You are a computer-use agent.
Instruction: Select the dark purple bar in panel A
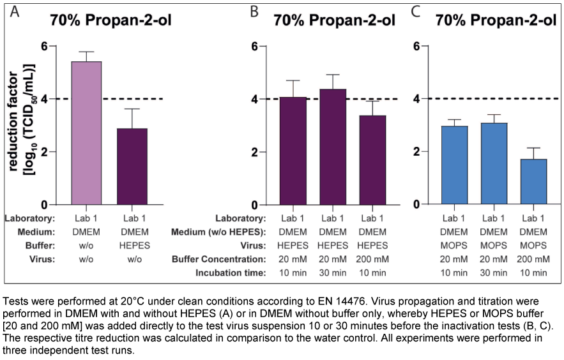132,166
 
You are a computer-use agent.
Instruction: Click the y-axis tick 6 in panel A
43,46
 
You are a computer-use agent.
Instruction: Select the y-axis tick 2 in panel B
254,152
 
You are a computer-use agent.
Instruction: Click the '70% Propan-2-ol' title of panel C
495,20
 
